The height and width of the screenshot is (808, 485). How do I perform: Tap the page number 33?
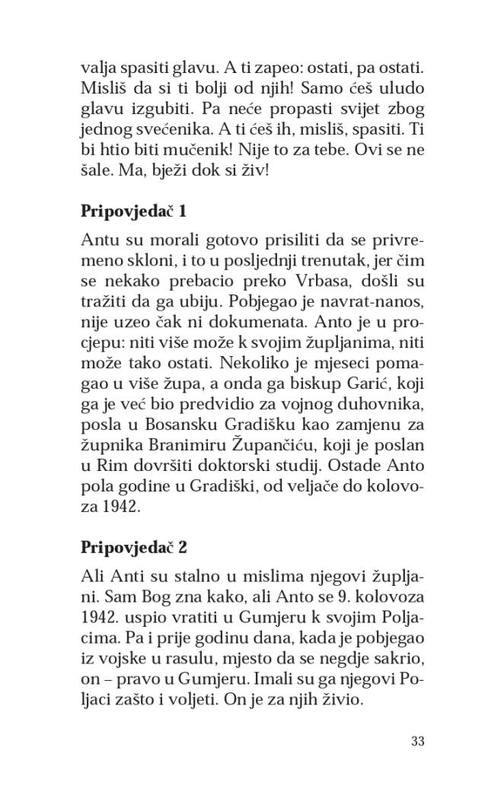click(416, 741)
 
